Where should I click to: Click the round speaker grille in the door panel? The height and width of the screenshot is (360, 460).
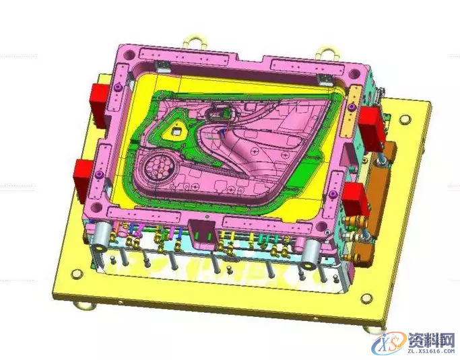(x=159, y=168)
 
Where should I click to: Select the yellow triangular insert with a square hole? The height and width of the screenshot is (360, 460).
(x=175, y=130)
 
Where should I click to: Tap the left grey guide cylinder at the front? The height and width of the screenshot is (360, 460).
(x=101, y=237)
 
